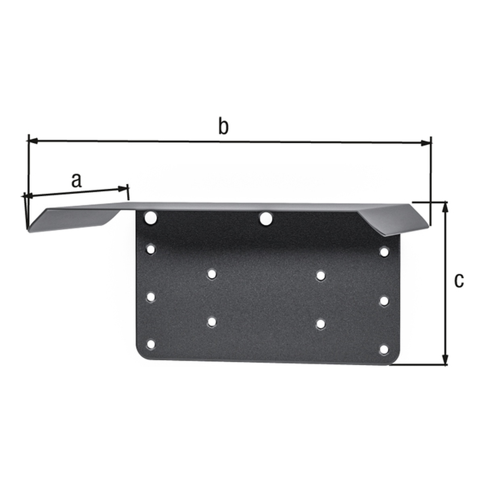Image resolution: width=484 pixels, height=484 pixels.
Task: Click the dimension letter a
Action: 77,181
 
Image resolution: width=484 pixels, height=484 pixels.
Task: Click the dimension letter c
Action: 459,281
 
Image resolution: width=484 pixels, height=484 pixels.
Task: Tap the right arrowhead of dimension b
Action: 426,143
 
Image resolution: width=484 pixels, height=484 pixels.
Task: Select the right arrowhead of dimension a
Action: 123,189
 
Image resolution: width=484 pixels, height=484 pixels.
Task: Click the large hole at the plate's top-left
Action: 151,217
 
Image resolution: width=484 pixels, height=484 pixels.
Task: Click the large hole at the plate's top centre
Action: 266,218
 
